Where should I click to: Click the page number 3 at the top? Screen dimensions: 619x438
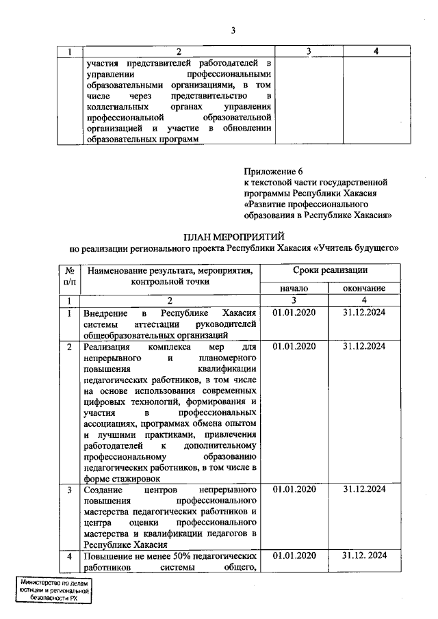click(233, 29)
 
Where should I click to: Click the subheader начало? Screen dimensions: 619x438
click(294, 289)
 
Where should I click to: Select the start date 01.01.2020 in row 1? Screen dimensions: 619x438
click(294, 313)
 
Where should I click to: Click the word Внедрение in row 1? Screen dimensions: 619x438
click(107, 313)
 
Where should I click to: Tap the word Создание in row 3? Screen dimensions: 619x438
click(104, 490)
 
